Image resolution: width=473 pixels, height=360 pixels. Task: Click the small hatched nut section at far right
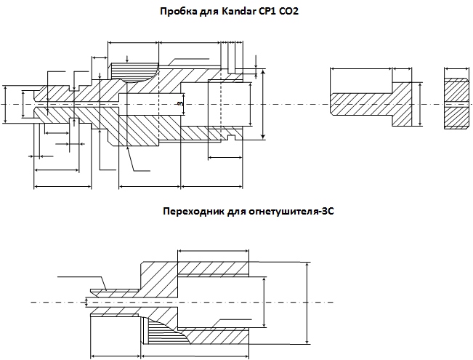click(456, 103)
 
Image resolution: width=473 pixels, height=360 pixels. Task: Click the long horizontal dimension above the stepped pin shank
click(361, 70)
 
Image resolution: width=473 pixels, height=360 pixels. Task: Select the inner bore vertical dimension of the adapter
click(263, 300)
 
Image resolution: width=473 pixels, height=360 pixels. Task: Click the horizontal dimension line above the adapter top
click(214, 253)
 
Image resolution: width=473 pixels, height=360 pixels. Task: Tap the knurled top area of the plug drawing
click(134, 71)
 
